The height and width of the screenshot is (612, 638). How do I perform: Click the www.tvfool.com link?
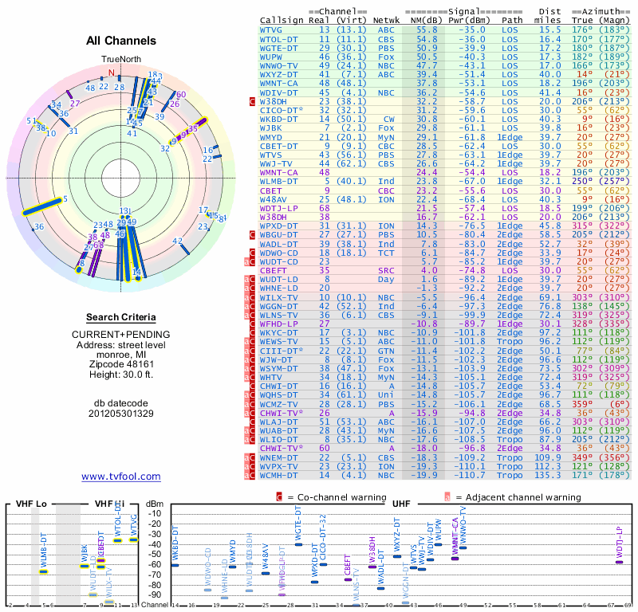[x=121, y=477]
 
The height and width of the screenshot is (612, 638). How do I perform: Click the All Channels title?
[x=121, y=41]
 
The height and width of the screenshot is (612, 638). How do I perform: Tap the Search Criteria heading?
[x=121, y=317]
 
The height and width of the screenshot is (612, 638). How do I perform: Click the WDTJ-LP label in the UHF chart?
[x=619, y=542]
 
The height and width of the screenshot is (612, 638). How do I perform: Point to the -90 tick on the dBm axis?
[x=156, y=594]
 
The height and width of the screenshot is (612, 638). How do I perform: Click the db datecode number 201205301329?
[x=121, y=413]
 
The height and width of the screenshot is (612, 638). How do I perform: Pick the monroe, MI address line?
[x=121, y=350]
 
